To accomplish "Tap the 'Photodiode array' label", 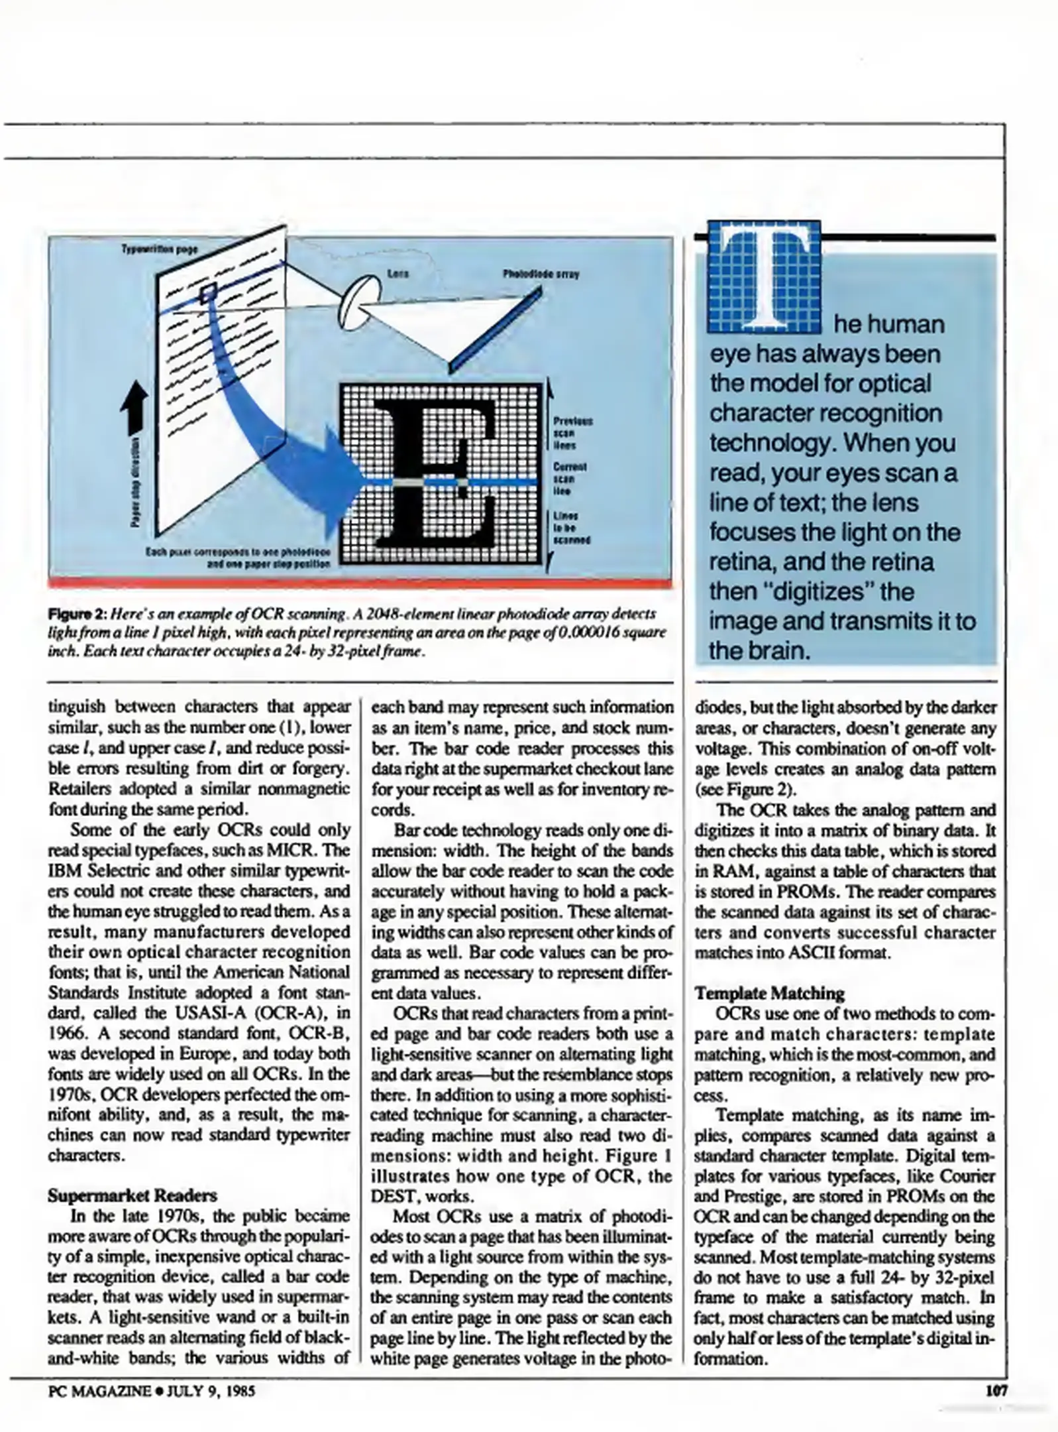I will point(541,274).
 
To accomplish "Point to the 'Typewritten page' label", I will point(160,249).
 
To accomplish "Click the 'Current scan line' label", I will point(569,479).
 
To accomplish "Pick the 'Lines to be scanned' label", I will point(570,528).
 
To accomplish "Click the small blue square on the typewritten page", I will point(209,290).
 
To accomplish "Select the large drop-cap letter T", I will point(765,278).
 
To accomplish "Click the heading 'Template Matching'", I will point(769,992).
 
